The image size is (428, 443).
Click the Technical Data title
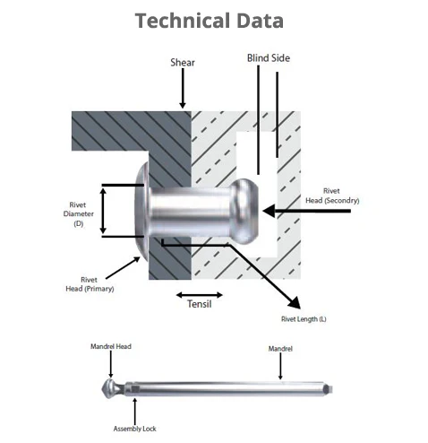[x=209, y=21]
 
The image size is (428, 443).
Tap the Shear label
[x=183, y=63]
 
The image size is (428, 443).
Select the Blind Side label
[x=269, y=58]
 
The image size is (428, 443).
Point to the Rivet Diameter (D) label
[x=78, y=214]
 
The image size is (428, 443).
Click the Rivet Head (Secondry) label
[x=332, y=195]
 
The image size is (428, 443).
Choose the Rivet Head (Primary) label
[x=90, y=284]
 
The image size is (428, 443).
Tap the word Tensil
[x=200, y=304]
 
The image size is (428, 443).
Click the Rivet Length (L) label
[x=304, y=319]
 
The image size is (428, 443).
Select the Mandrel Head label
[x=111, y=346]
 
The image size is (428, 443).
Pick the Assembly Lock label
[x=134, y=429]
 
